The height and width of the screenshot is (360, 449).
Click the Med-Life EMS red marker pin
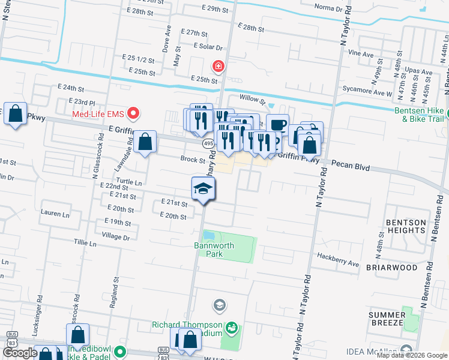[135, 113]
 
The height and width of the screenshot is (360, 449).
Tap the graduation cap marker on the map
[203, 190]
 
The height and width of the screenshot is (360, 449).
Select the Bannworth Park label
[208, 249]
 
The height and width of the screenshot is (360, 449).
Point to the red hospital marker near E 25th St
[218, 65]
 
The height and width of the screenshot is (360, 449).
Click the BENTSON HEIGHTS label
[405, 227]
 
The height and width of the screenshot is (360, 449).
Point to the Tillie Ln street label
[85, 244]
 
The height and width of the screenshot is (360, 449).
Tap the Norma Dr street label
[329, 7]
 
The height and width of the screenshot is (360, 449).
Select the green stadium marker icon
[232, 328]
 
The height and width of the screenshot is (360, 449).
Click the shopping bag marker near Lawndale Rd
[145, 143]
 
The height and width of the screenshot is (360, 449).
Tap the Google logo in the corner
[20, 353]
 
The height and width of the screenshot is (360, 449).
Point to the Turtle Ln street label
[130, 182]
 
